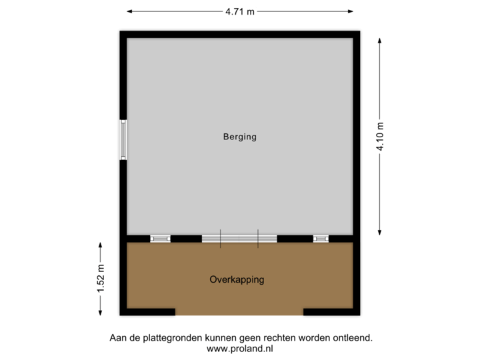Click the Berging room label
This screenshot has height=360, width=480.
239,137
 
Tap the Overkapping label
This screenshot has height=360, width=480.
237,280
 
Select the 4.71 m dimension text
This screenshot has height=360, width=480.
240,11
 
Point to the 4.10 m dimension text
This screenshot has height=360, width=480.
380,137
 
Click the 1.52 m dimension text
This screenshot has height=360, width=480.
101,279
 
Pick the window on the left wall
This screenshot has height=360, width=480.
123,139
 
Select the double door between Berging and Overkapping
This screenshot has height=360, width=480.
239,238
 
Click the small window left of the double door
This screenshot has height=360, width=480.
160,238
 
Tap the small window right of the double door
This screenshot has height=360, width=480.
321,238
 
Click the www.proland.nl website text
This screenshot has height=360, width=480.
240,348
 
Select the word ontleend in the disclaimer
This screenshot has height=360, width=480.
353,338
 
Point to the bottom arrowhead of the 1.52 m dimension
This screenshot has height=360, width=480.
101,313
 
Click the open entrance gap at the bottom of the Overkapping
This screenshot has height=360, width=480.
239,313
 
